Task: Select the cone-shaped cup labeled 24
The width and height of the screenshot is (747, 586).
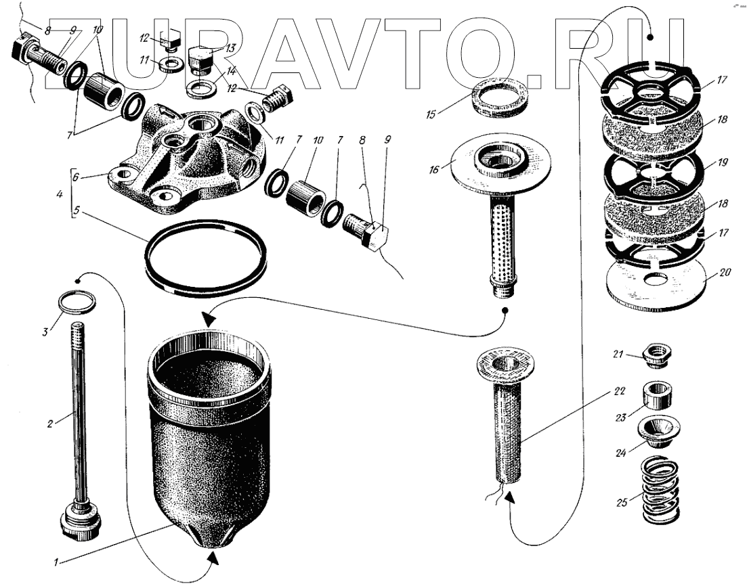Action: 657,431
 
